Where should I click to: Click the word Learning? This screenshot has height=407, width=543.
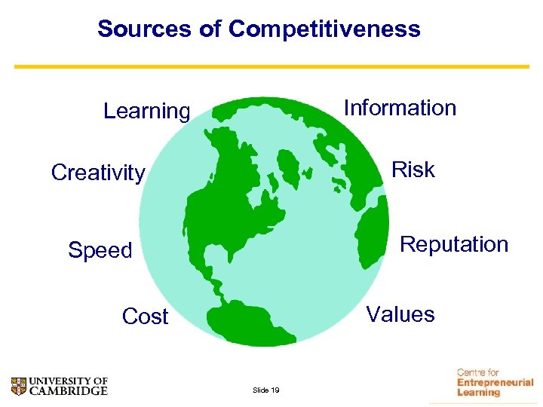pyautogui.click(x=146, y=111)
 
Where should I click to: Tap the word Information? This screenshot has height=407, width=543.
pyautogui.click(x=400, y=108)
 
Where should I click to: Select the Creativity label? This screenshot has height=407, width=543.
pyautogui.click(x=98, y=173)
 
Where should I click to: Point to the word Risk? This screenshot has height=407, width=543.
pyautogui.click(x=413, y=170)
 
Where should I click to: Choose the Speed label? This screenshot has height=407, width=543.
pyautogui.click(x=100, y=249)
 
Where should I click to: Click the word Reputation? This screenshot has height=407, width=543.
pyautogui.click(x=454, y=244)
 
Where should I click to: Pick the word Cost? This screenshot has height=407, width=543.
pyautogui.click(x=145, y=317)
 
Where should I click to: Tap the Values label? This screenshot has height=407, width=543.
pyautogui.click(x=400, y=314)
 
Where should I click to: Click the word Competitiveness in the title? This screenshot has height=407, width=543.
pyautogui.click(x=324, y=29)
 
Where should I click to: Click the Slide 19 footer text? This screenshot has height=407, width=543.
pyautogui.click(x=266, y=390)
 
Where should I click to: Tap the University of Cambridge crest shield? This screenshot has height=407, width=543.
pyautogui.click(x=19, y=386)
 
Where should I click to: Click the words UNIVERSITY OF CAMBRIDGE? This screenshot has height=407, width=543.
pyautogui.click(x=68, y=386)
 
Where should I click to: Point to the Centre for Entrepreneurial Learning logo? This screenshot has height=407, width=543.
pyautogui.click(x=494, y=382)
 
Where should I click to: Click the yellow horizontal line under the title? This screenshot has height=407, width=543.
pyautogui.click(x=271, y=66)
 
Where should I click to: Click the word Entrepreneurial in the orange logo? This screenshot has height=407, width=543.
pyautogui.click(x=495, y=382)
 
